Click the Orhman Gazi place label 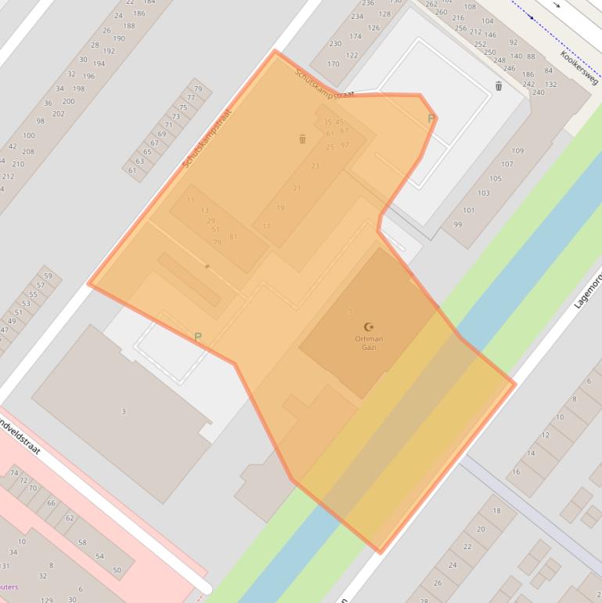369,342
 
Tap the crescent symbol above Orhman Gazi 369,326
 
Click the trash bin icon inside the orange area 302,139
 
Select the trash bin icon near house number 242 499,86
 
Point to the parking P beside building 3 197,338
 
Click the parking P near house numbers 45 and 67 430,118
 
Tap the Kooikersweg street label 579,68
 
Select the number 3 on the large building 123,411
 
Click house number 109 517,151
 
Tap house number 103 483,193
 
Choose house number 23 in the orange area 315,166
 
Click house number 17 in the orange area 266,226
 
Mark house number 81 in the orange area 233,237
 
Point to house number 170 333,64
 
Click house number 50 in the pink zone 117,570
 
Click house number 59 48,276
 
